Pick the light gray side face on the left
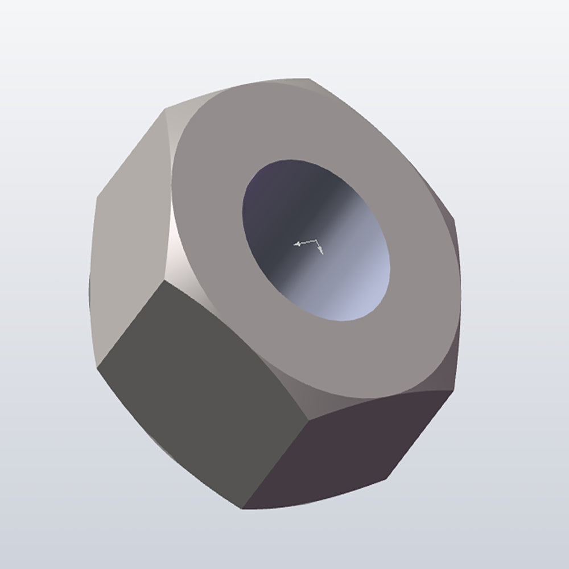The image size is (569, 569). (128, 239)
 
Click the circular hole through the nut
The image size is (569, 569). (316, 239)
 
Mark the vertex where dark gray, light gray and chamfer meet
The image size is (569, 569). (165, 280)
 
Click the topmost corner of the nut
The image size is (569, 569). (309, 79)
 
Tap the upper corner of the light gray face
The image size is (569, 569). (165, 108)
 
